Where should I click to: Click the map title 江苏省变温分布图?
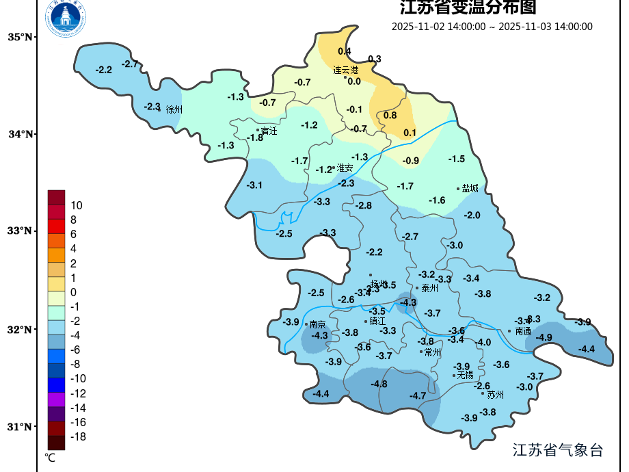click(468, 8)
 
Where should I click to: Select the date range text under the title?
click(492, 27)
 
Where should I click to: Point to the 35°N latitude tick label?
click(21, 37)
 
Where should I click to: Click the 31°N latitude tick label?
click(21, 427)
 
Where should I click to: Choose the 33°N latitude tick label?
click(21, 231)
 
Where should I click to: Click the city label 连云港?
click(345, 70)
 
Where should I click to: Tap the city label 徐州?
click(174, 109)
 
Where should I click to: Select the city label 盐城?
click(470, 188)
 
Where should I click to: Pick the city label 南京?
click(317, 324)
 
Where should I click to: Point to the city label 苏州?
click(495, 395)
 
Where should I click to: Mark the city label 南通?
click(523, 331)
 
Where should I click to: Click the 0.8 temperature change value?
click(390, 116)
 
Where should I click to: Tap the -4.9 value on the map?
click(544, 337)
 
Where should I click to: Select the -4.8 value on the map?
click(379, 384)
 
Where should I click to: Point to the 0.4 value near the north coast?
click(345, 51)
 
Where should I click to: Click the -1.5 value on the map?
click(457, 159)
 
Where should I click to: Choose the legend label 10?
click(77, 205)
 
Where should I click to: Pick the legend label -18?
click(78, 436)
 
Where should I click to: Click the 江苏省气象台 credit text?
click(558, 449)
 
